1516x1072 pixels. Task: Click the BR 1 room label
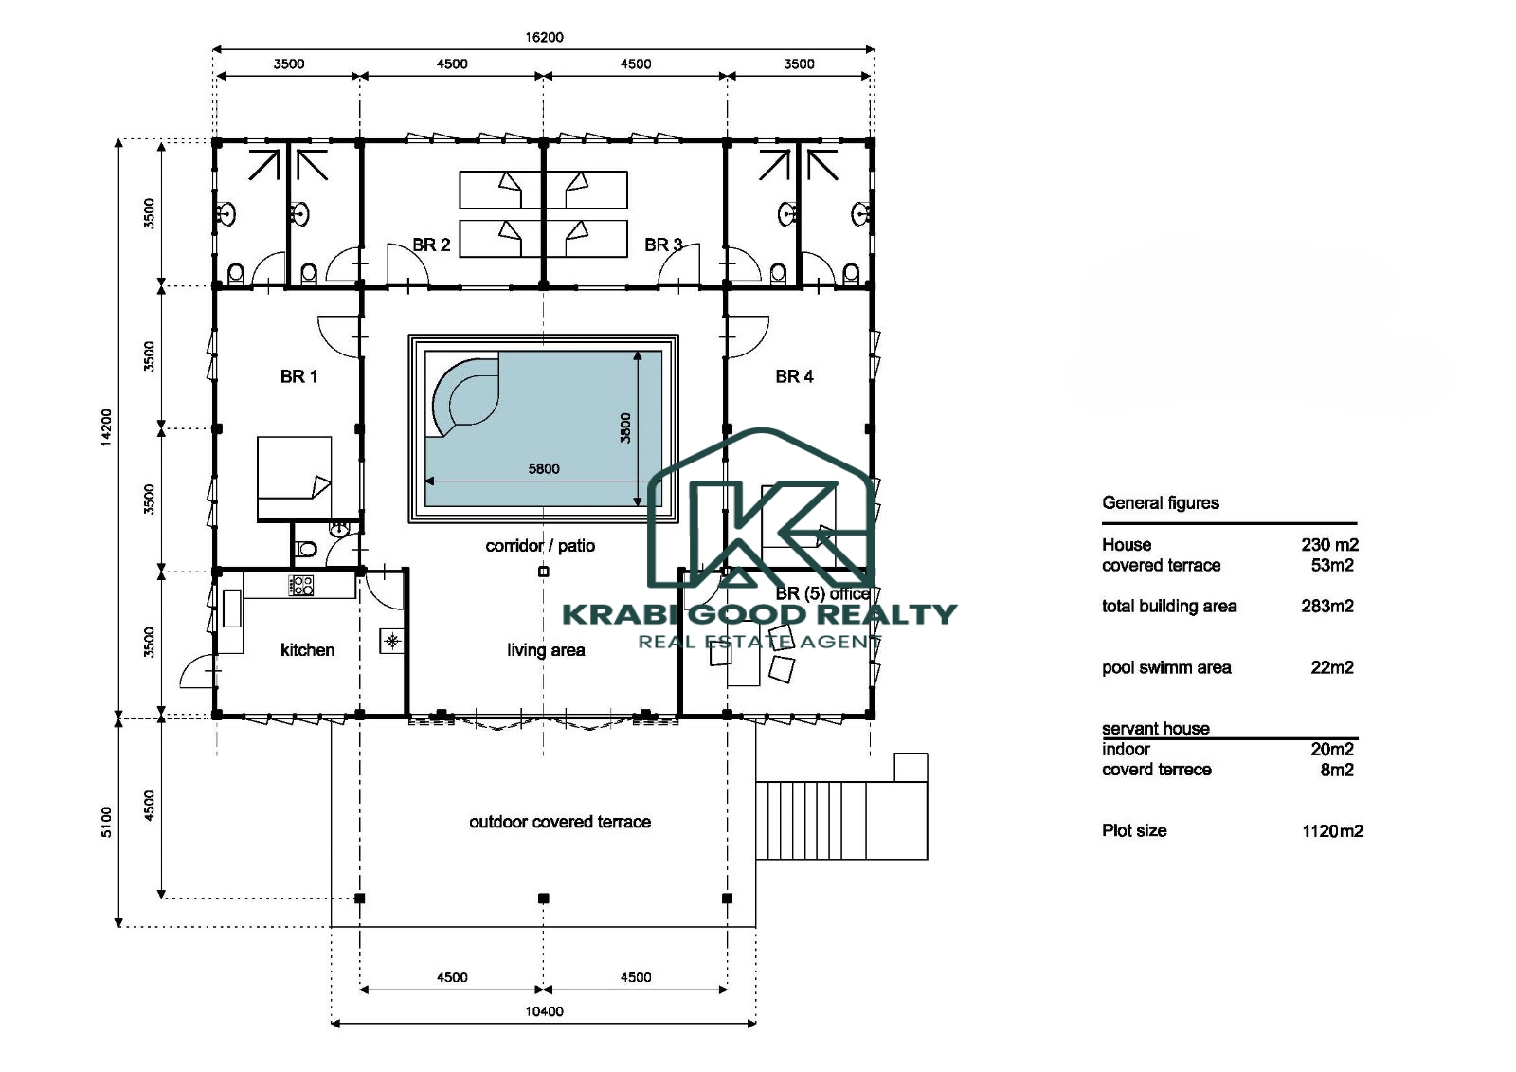[298, 376]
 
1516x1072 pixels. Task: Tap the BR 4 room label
[794, 376]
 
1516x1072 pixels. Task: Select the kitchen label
[307, 650]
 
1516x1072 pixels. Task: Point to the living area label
[546, 650]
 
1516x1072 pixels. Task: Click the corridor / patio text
[540, 546]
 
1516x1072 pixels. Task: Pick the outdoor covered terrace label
[560, 822]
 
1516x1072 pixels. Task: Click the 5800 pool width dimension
[544, 468]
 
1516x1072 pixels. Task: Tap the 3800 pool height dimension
[625, 428]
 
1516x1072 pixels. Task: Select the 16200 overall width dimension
[544, 37]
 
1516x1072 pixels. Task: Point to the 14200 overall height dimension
[106, 427]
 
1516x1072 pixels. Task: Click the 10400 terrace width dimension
[544, 1011]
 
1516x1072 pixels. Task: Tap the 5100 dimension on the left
[106, 822]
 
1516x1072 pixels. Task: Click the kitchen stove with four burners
[300, 585]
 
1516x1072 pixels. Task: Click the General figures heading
[1160, 502]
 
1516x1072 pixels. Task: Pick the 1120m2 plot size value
[1332, 831]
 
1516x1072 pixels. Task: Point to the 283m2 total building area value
[1327, 606]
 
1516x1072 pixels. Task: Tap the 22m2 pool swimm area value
[1332, 667]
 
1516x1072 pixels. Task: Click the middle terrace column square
[544, 898]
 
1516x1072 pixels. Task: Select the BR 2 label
[431, 245]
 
